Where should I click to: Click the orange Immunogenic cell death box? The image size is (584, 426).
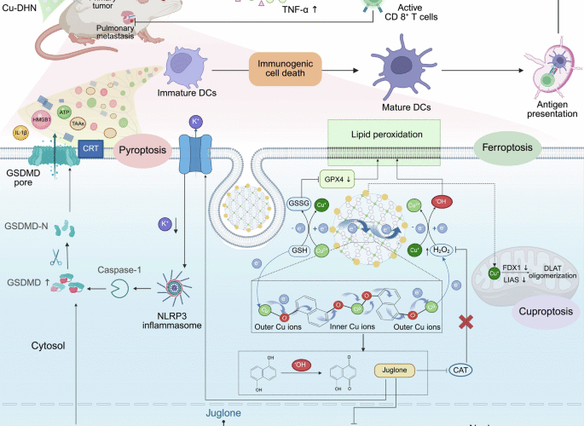[x=283, y=71]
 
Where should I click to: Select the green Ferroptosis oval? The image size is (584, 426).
[x=508, y=145]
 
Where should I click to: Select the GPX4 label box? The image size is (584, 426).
[x=333, y=180]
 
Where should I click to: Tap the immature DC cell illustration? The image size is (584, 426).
[x=184, y=66]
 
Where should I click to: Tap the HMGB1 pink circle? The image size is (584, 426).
[x=41, y=120]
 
